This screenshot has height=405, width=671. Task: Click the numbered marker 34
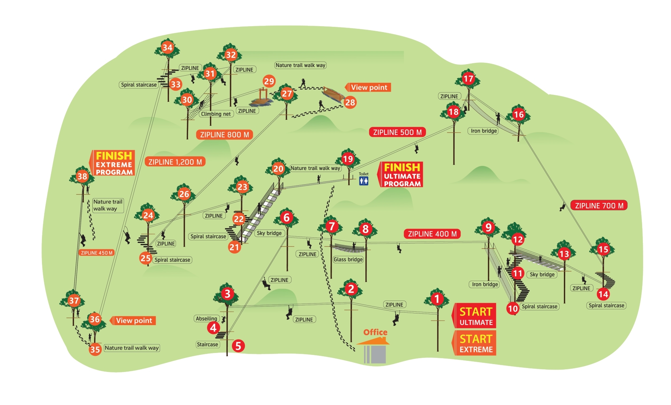[167, 47]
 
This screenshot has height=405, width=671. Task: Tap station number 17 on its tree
[468, 79]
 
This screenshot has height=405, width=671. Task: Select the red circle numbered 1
[437, 299]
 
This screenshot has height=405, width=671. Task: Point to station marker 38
[82, 176]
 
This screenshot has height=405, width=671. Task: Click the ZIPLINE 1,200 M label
[175, 162]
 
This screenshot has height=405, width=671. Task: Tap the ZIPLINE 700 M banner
[599, 206]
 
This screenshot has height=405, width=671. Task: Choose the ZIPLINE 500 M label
[397, 132]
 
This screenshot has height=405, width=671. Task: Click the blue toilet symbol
[364, 180]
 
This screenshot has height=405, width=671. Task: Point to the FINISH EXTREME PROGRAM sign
[113, 163]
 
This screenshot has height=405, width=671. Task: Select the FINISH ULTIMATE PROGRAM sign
[402, 175]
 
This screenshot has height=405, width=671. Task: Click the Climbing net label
[216, 114]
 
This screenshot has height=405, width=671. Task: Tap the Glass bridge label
[348, 260]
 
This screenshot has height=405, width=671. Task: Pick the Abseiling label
[206, 319]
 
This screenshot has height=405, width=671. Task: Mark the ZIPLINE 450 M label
[97, 253]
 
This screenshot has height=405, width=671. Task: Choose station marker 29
[269, 81]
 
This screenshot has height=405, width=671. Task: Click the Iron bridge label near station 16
[484, 131]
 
